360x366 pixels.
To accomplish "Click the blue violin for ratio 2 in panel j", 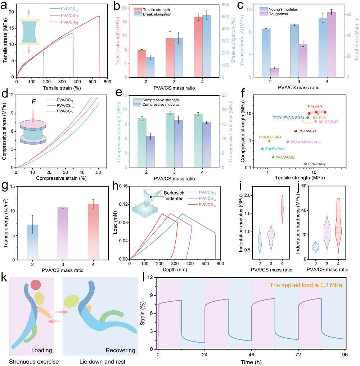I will coord(315,247).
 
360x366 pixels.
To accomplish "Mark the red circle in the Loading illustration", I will coord(36,285).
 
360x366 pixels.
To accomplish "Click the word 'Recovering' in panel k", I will coord(116,349).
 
